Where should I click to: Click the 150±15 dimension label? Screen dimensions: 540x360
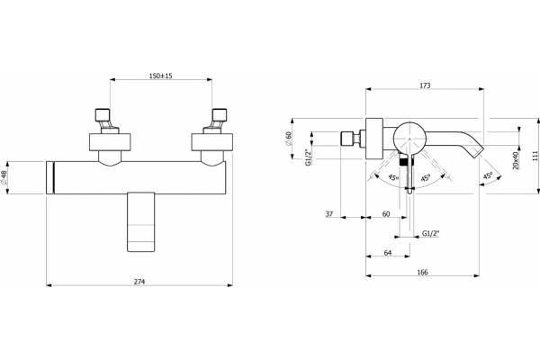point(160,76)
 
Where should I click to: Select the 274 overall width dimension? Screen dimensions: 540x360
point(139,282)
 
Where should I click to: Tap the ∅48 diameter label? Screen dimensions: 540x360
point(4,177)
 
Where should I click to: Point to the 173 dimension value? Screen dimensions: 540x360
point(425,85)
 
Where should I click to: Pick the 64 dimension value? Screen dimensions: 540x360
point(388,253)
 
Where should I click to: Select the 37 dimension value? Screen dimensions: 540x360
point(329,214)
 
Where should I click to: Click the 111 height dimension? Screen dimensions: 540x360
point(535,156)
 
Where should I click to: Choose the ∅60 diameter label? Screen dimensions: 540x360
point(289,138)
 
